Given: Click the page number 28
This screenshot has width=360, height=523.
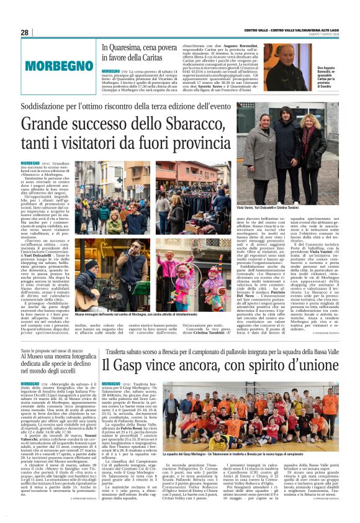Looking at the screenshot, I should pyautogui.click(x=24, y=32).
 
